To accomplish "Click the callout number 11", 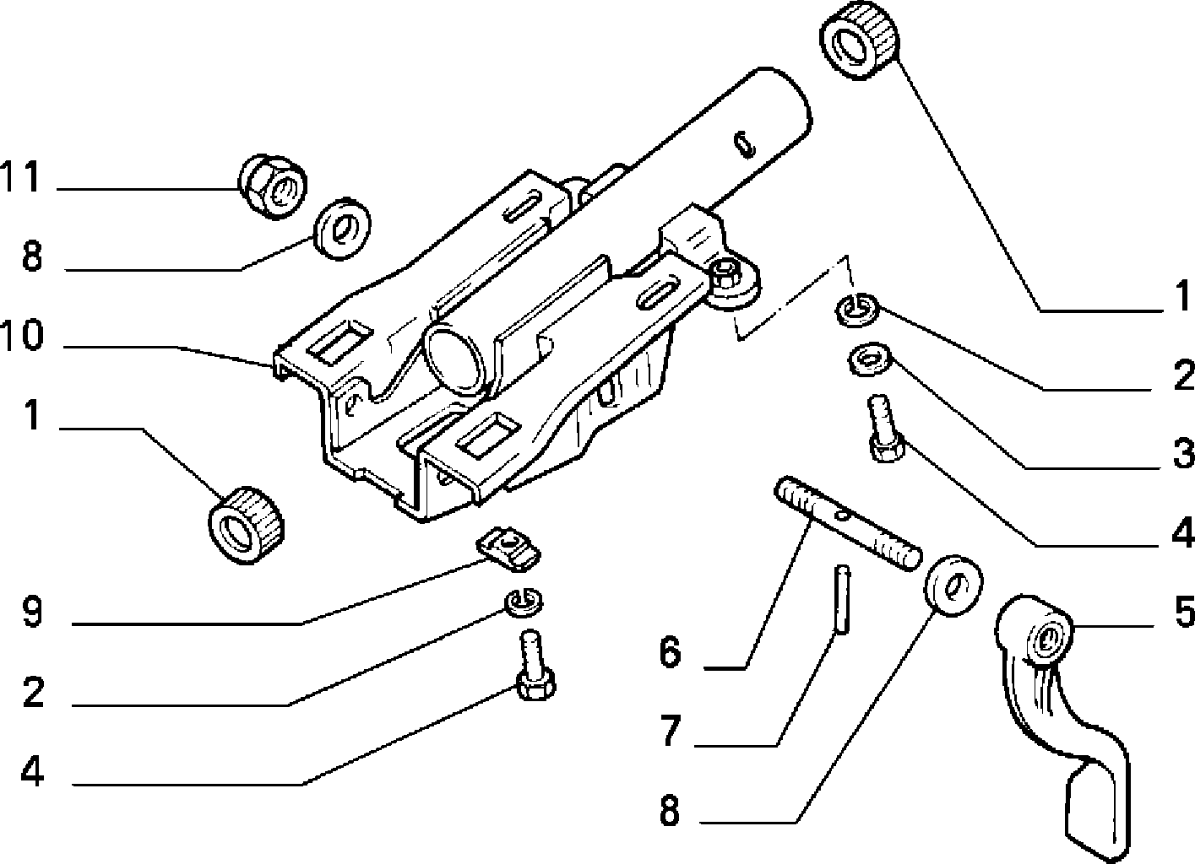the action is pyautogui.click(x=20, y=175).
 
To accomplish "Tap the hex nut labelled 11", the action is pyautogui.click(x=272, y=186).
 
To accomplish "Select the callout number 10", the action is pyautogui.click(x=21, y=335).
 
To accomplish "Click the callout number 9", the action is pyautogui.click(x=32, y=613).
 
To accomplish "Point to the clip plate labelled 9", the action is pyautogui.click(x=508, y=548).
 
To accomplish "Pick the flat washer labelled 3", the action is pyautogui.click(x=871, y=359).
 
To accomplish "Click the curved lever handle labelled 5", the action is pyautogui.click(x=1062, y=730).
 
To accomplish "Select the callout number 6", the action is pyautogui.click(x=670, y=651).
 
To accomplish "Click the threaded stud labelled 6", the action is pyautogui.click(x=848, y=523).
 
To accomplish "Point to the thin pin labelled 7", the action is pyautogui.click(x=842, y=600).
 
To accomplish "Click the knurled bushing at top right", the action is pyautogui.click(x=859, y=40).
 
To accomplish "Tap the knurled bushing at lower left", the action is pyautogui.click(x=246, y=525).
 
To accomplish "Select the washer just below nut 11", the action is pyautogui.click(x=343, y=229).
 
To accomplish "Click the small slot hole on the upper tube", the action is pyautogui.click(x=744, y=145).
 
